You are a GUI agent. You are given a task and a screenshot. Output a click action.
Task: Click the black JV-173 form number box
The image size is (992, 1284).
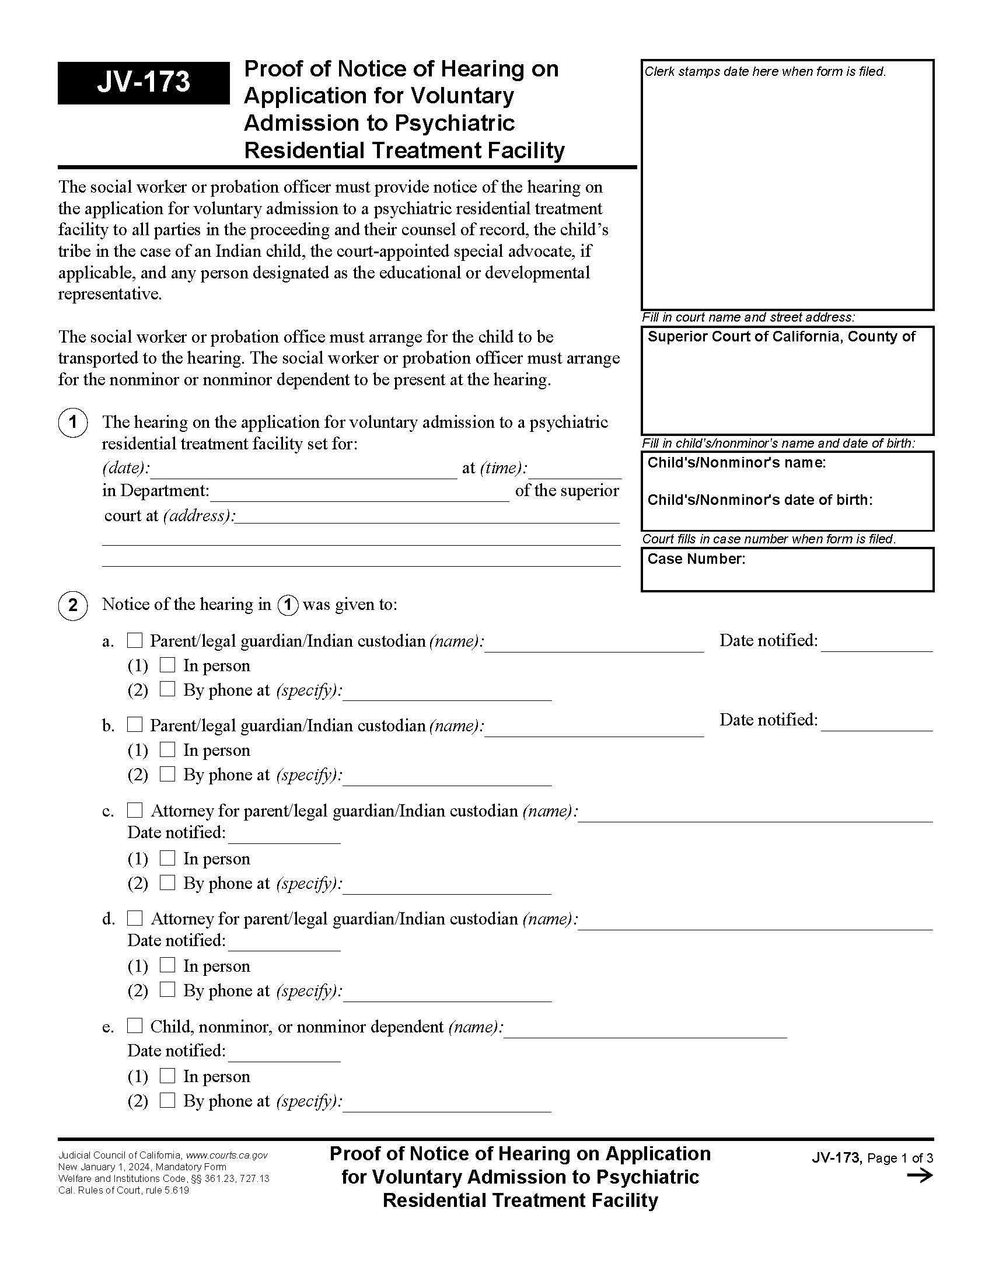click(x=144, y=83)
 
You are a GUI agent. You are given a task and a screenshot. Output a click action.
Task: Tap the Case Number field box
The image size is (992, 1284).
click(x=787, y=569)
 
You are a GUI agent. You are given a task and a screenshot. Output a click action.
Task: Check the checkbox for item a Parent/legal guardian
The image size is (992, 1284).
click(x=135, y=640)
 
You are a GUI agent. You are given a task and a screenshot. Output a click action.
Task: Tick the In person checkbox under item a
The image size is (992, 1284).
click(x=168, y=665)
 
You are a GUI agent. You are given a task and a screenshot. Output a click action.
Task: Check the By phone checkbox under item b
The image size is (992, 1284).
click(x=168, y=774)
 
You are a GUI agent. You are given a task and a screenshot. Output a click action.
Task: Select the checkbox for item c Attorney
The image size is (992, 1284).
click(x=135, y=810)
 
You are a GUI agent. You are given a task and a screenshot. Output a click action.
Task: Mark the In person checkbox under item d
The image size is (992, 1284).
click(x=168, y=965)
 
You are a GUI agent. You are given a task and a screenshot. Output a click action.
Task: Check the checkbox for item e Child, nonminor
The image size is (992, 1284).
click(x=135, y=1026)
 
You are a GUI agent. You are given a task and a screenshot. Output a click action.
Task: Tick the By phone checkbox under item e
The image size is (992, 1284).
click(x=168, y=1100)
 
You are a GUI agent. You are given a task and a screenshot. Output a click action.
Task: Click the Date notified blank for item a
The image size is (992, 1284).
click(x=876, y=643)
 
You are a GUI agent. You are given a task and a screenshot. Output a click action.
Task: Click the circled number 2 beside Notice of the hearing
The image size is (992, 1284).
click(x=73, y=605)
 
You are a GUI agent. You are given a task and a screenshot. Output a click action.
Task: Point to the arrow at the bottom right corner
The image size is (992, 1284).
click(x=920, y=1176)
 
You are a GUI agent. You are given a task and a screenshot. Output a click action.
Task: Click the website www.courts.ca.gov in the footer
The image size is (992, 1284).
click(x=227, y=1155)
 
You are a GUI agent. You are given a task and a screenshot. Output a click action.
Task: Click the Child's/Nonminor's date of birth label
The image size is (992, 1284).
click(x=759, y=500)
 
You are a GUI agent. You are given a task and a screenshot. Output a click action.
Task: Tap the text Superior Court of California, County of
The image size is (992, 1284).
click(x=781, y=336)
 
